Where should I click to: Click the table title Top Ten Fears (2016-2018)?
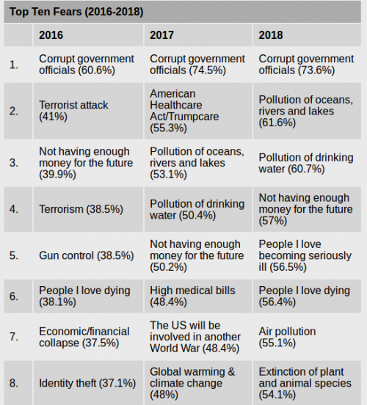[x=76, y=12]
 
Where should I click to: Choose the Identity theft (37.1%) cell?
[x=87, y=383]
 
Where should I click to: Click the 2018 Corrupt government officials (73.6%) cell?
[x=306, y=65]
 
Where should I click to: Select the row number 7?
[x=14, y=337]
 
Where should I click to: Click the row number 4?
[x=14, y=209]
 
